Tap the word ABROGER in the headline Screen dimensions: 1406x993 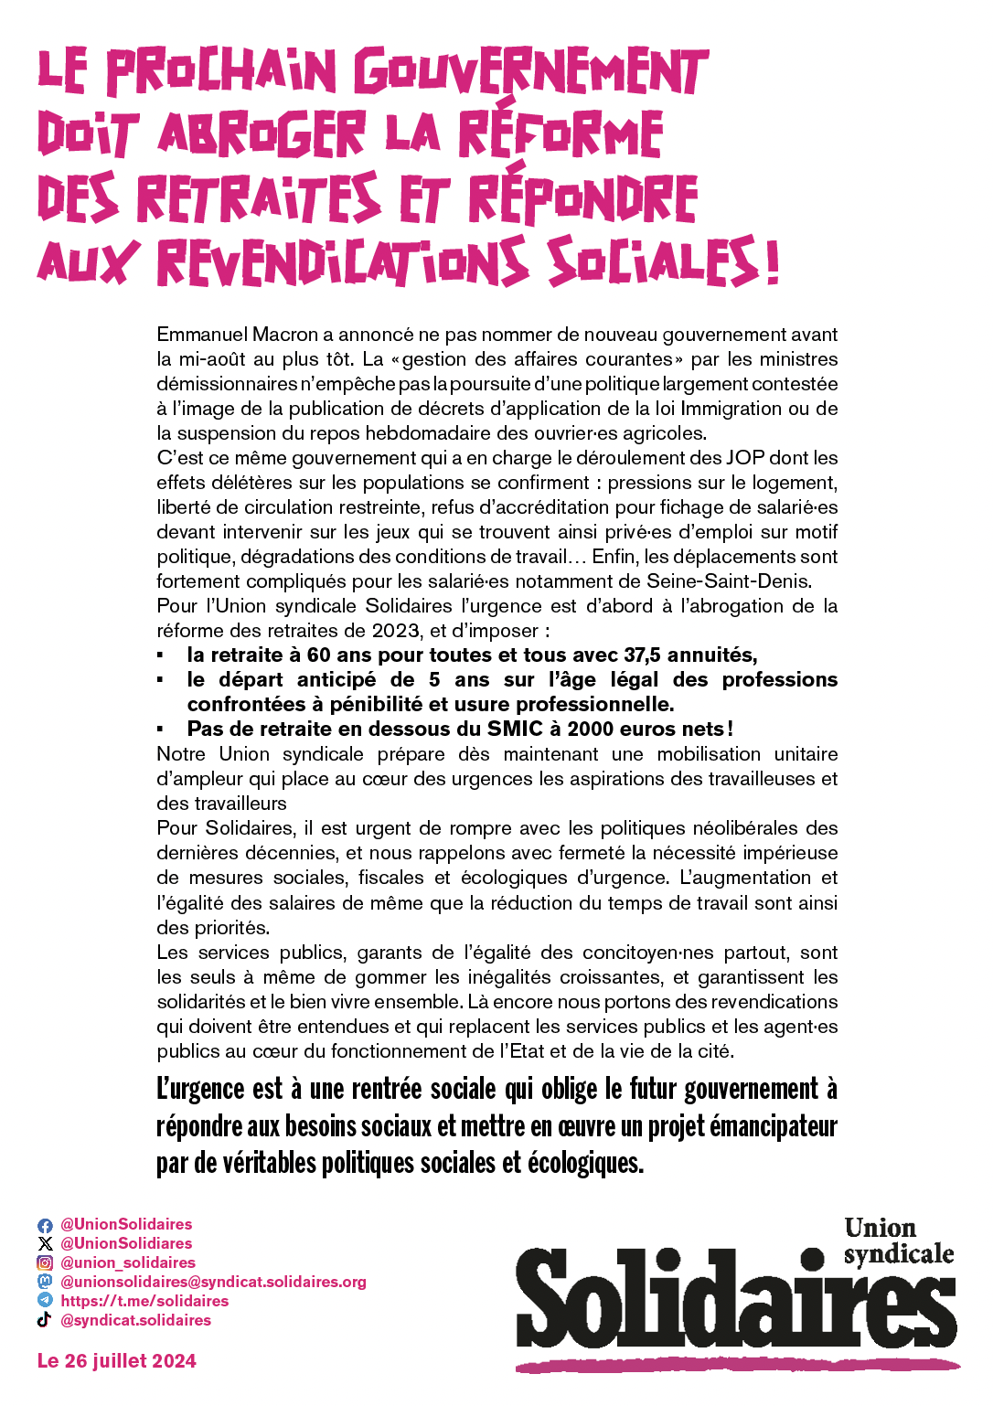[x=262, y=134]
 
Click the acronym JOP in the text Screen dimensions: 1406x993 [x=744, y=458]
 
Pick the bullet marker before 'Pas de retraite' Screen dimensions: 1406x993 [x=160, y=730]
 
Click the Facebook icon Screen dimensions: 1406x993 [x=45, y=1225]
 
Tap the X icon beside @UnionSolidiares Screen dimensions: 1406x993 [x=45, y=1244]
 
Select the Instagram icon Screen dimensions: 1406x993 [x=45, y=1263]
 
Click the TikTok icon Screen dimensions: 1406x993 [x=45, y=1320]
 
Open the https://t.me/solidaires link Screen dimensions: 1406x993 [x=144, y=1301]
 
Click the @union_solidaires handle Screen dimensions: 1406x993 [x=128, y=1262]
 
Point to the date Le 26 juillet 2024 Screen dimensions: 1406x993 [x=117, y=1361]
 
